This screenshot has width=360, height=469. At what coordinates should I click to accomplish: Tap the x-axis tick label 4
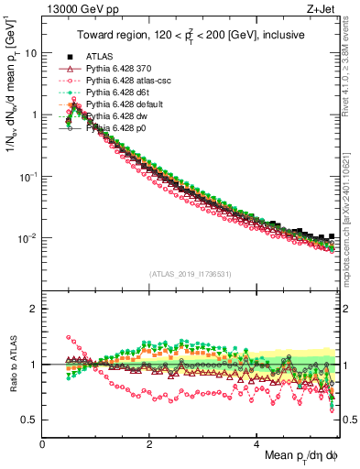256,442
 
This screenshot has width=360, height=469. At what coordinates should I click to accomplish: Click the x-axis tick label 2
149,442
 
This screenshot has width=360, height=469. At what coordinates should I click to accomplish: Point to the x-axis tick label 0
43,442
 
